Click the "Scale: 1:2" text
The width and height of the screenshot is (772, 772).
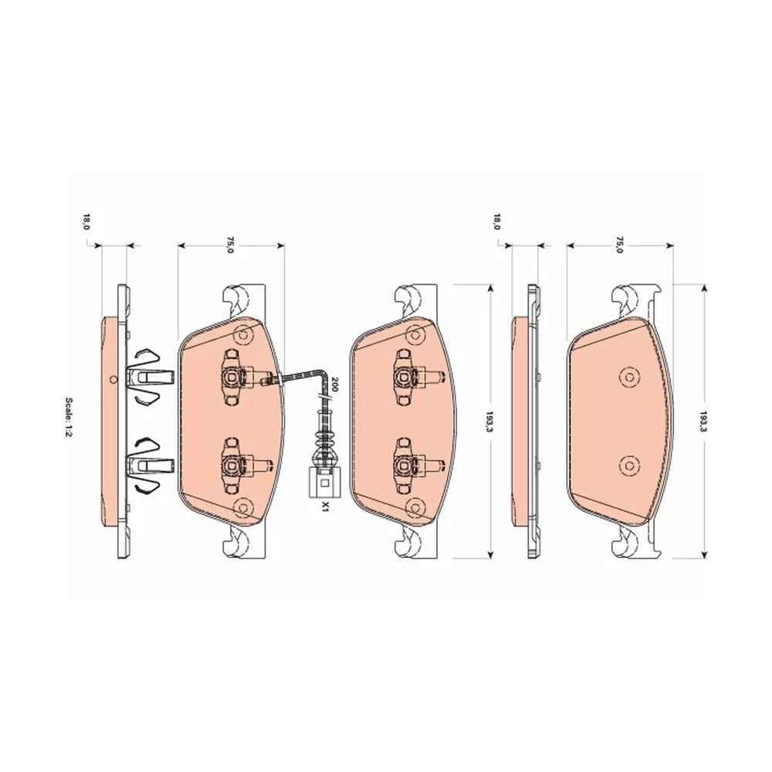point(69,418)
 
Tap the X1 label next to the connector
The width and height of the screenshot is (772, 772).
point(325,506)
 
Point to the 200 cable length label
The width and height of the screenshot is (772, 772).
point(335,384)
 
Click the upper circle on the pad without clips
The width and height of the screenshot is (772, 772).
point(628,378)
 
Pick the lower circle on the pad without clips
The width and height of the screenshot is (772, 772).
point(628,465)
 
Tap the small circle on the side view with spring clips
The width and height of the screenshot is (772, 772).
point(113,379)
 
